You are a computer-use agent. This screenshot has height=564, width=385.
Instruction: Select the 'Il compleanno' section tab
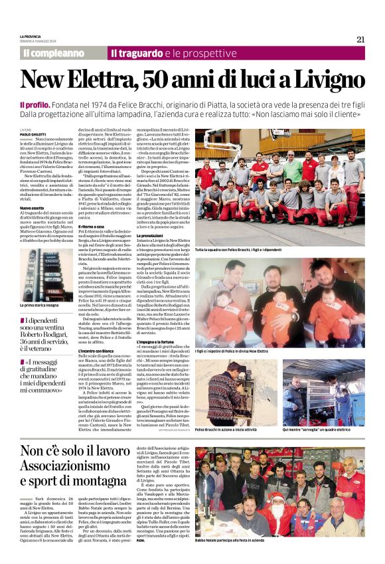click(54, 52)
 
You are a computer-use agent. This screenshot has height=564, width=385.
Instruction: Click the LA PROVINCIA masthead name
click(31, 36)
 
